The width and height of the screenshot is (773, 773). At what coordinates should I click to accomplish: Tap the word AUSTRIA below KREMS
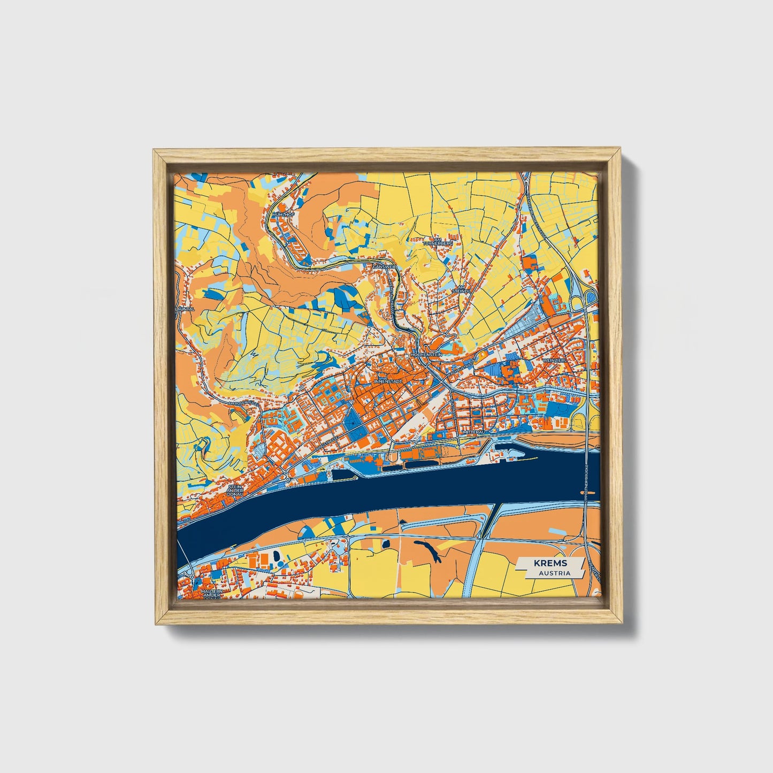554,573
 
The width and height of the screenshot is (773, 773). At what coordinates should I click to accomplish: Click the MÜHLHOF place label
284,214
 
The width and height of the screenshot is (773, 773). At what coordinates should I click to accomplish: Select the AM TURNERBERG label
438,241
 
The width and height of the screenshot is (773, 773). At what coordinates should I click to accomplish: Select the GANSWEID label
385,266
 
